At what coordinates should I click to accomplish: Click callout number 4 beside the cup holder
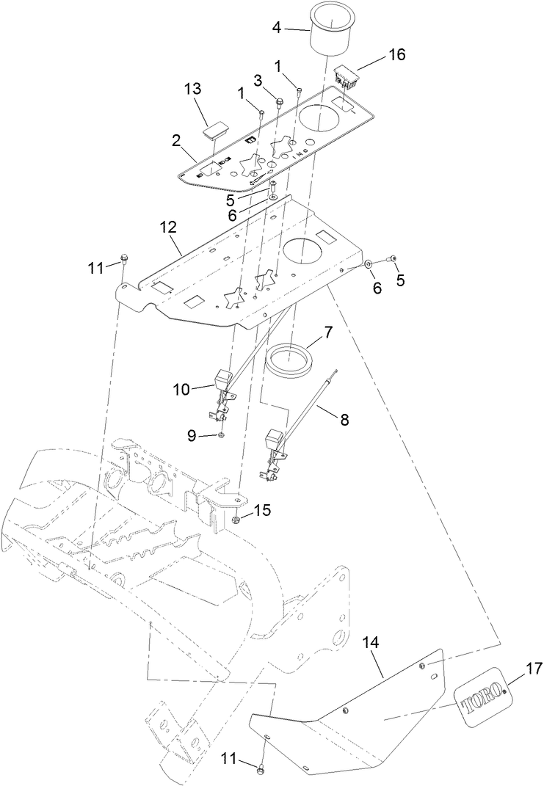click(x=277, y=28)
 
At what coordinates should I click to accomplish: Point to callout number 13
click(x=192, y=89)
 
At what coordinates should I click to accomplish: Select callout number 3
click(x=258, y=79)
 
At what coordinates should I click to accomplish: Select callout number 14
click(x=371, y=641)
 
